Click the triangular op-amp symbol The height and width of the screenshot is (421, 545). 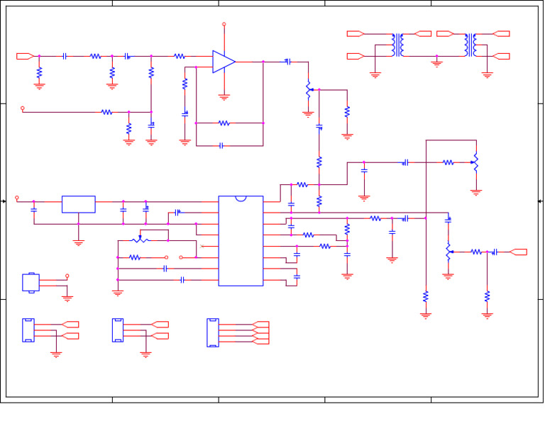223,62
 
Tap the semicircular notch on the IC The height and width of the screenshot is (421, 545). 241,198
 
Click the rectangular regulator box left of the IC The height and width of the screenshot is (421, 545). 78,204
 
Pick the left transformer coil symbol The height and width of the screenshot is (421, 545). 398,45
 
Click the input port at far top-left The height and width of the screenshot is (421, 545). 25,56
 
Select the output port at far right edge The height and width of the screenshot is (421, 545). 519,252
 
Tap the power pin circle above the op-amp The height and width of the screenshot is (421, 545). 224,24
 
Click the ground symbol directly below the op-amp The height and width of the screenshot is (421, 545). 224,97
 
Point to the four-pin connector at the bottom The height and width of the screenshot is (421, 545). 213,332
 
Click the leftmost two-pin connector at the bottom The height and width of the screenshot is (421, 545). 28,330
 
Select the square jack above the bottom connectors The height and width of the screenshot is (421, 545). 31,282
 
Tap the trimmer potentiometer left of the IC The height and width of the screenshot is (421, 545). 141,240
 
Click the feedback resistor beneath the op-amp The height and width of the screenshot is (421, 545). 224,123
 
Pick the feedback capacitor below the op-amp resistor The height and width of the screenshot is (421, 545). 221,146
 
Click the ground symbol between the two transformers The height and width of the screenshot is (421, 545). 436,64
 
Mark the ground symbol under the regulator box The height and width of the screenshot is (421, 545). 78,243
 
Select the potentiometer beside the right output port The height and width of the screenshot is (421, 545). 448,252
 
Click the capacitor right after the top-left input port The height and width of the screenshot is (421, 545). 65,56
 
